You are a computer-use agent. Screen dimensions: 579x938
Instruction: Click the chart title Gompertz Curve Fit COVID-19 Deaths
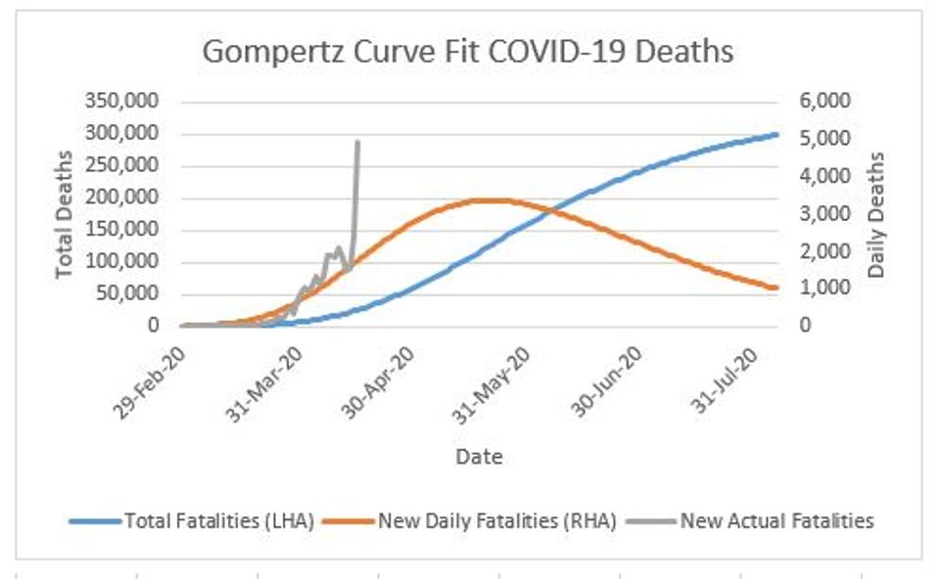467,51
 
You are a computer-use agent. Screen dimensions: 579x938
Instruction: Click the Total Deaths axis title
66,213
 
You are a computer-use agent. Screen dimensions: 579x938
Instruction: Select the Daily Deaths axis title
876,213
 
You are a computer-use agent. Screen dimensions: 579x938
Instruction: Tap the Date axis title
479,457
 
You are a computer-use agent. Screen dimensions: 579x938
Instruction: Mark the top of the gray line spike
357,142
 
